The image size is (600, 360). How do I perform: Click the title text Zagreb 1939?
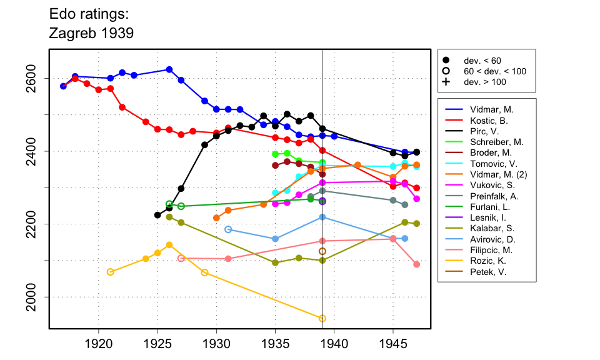click(91, 33)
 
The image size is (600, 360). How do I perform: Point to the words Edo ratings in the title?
click(89, 13)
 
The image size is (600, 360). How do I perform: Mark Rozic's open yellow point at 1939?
click(322, 319)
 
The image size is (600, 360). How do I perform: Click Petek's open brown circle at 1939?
click(322, 251)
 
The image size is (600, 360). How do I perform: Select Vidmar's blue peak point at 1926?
click(169, 69)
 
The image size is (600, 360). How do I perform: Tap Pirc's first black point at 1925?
click(157, 215)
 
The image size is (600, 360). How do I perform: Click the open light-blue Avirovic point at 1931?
click(228, 229)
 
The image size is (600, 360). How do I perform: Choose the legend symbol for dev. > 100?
click(446, 82)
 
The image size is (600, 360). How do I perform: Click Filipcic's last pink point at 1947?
click(417, 264)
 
